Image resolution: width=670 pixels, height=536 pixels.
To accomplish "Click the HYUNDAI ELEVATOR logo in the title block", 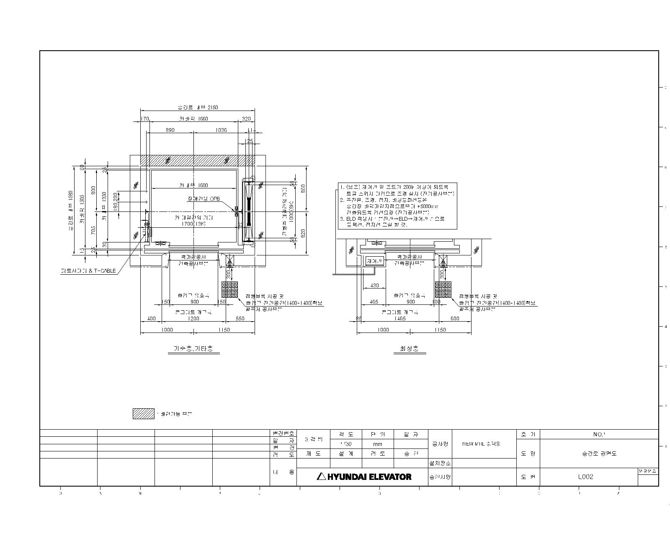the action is [364, 477].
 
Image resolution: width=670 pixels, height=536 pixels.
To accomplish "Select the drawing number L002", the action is [585, 477].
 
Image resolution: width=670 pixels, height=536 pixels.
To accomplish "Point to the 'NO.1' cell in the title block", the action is [599, 434].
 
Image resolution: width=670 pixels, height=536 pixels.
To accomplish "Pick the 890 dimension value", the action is [170, 130].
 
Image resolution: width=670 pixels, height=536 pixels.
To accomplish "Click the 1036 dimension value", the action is [221, 130].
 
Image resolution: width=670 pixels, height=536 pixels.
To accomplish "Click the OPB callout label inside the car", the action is [215, 198].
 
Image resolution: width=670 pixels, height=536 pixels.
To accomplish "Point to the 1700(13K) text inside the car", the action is [193, 224].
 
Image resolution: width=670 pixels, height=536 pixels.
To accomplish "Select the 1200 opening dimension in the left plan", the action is [193, 319].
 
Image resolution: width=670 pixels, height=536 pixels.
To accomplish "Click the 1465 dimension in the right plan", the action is [400, 319].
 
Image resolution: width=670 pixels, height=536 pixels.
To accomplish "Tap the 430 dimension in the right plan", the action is [374, 286].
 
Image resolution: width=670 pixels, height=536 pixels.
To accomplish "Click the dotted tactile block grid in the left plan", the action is [229, 289].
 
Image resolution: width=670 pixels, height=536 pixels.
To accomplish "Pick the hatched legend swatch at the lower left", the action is [143, 414].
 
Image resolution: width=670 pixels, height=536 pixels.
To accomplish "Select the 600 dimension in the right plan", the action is [454, 319].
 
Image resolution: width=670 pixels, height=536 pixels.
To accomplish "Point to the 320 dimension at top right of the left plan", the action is [246, 119].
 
